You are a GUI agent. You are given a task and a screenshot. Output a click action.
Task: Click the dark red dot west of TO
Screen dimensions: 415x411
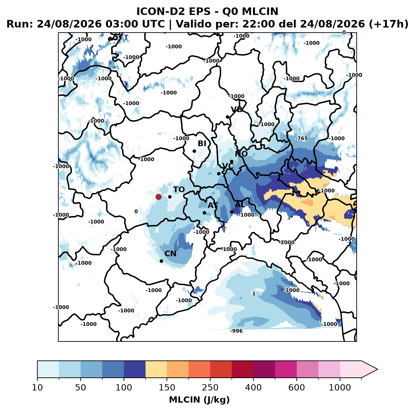pyautogui.click(x=158, y=197)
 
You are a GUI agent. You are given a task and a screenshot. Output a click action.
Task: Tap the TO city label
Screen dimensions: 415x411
pyautogui.click(x=179, y=190)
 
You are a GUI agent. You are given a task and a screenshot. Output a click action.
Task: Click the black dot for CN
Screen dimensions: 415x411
pyautogui.click(x=161, y=261)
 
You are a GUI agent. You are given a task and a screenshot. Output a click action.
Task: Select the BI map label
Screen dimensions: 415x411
pyautogui.click(x=202, y=143)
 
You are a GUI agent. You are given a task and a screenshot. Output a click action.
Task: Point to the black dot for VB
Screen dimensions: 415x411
pyautogui.click(x=227, y=117)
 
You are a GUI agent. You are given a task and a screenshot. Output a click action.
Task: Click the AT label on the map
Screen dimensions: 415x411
pyautogui.click(x=213, y=205)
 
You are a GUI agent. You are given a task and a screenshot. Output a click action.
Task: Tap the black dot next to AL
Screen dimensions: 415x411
pyautogui.click(x=231, y=212)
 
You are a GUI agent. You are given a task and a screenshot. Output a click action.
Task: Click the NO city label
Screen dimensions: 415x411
pyautogui.click(x=241, y=154)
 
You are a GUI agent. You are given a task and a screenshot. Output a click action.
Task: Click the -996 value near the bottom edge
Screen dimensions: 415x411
pyautogui.click(x=236, y=331)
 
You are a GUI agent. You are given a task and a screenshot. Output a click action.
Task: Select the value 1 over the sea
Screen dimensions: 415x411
pyautogui.click(x=254, y=294)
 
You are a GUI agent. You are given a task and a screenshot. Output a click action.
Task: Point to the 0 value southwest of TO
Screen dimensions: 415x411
pyautogui.click(x=136, y=211)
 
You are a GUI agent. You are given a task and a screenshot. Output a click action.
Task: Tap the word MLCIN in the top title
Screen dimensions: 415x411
pyautogui.click(x=260, y=11)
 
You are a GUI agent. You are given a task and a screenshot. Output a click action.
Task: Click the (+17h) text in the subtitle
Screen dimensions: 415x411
pyautogui.click(x=389, y=24)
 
